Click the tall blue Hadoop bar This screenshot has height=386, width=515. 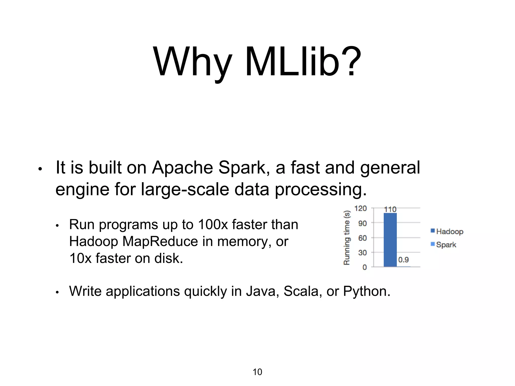coord(390,240)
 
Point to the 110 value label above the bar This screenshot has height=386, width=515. coord(390,209)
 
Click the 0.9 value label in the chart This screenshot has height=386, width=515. coord(403,260)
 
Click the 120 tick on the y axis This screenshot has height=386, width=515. coord(360,208)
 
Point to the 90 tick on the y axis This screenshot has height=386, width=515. coord(362,223)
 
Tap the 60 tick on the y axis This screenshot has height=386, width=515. coord(362,238)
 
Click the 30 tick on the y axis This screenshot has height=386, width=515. coord(362,253)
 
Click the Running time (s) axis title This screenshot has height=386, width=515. coord(347,238)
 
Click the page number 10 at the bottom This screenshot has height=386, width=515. coord(257,372)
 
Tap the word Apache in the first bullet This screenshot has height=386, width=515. coord(182,168)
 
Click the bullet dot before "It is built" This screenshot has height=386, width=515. coord(40,169)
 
